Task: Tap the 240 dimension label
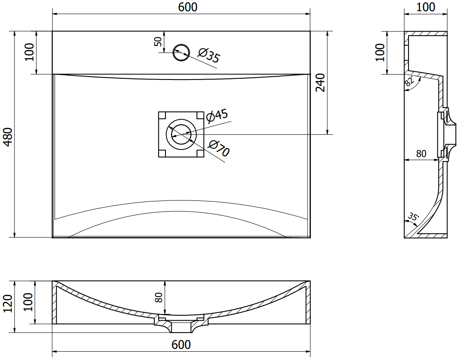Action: (320, 82)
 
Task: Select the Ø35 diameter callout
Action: (209, 56)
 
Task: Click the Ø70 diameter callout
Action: (219, 148)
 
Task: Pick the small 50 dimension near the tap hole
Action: (158, 42)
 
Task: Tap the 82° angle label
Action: (409, 80)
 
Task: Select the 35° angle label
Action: (413, 217)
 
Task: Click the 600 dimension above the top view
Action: (187, 7)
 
